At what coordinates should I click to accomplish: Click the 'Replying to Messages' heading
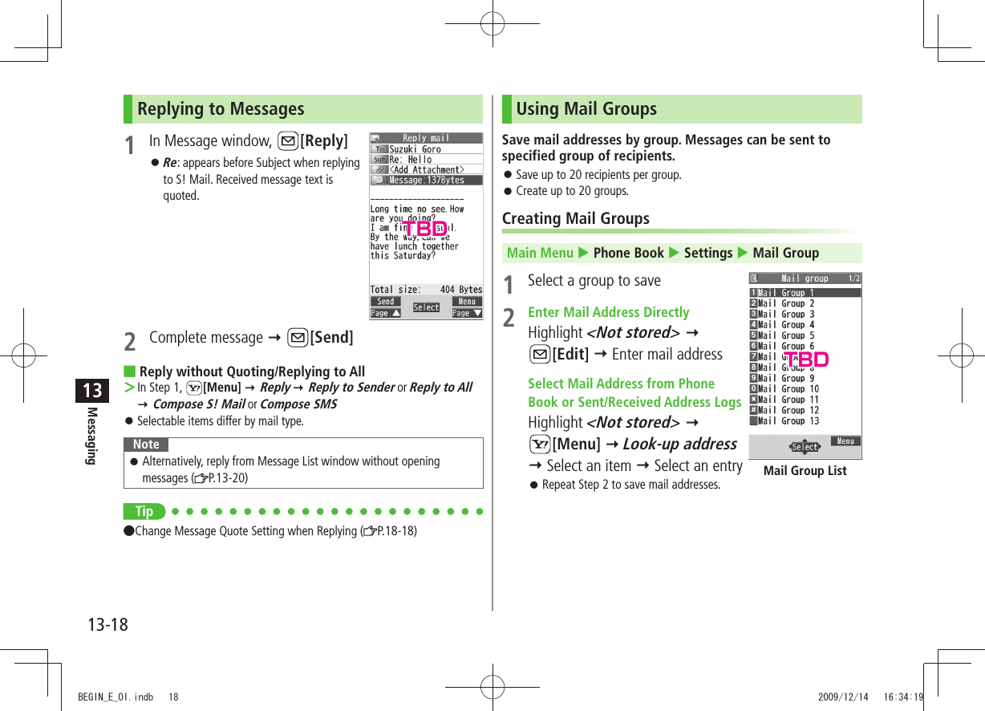pos(221,109)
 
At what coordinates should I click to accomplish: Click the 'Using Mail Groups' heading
pos(586,109)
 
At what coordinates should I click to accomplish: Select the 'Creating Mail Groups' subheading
pos(575,218)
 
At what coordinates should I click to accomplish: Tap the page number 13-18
pos(107,624)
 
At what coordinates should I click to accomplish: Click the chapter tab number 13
pos(93,391)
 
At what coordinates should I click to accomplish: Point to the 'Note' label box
pos(146,445)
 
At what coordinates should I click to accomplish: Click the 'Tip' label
pos(144,511)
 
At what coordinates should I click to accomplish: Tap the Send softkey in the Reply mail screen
pos(385,302)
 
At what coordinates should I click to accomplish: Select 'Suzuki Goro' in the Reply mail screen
pos(415,149)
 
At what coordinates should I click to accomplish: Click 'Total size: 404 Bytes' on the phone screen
pos(426,290)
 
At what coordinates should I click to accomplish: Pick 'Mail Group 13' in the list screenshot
pos(788,421)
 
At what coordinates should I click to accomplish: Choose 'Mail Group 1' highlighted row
pos(786,293)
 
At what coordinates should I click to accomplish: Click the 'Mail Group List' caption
pos(805,471)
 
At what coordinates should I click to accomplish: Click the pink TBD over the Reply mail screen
pos(424,229)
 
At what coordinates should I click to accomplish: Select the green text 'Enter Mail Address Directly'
pos(608,312)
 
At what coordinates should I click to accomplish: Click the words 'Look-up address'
pos(679,444)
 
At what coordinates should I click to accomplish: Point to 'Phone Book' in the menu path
pos(628,253)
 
